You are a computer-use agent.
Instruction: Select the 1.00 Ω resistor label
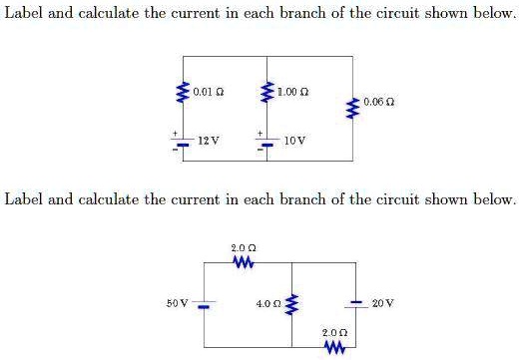293,92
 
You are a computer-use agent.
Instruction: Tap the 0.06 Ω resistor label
379,101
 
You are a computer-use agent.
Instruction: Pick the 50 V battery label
176,302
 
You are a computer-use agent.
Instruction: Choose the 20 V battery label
383,302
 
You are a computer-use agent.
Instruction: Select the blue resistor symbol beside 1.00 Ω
265,93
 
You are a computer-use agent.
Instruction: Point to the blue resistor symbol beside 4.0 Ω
291,302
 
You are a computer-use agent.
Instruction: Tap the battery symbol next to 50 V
204,302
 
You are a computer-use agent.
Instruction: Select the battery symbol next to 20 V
355,302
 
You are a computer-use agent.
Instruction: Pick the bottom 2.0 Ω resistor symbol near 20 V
333,346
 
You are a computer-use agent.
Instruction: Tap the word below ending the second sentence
495,198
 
